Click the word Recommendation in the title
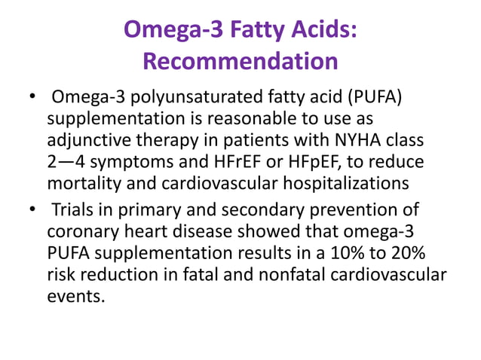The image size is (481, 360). [240, 62]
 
